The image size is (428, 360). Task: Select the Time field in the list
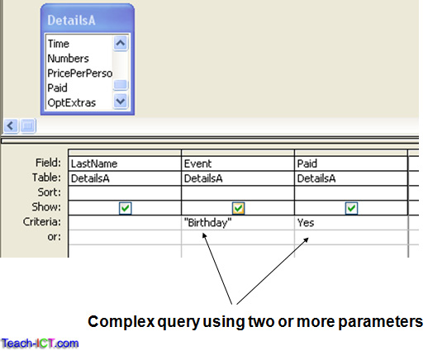click(x=59, y=44)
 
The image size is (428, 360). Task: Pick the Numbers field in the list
click(x=68, y=58)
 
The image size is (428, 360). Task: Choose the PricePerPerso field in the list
click(x=78, y=73)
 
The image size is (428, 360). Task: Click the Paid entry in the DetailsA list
click(x=58, y=87)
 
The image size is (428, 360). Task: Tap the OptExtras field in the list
click(x=70, y=102)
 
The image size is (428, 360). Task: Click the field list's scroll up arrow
click(x=121, y=44)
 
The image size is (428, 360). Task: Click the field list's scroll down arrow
click(x=121, y=102)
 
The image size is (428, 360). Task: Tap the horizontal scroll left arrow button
click(x=10, y=126)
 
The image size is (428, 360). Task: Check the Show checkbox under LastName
click(x=125, y=208)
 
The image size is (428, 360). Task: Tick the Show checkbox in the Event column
click(x=238, y=208)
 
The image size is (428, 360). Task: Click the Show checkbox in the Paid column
click(x=351, y=208)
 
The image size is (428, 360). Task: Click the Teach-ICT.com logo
click(x=40, y=343)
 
